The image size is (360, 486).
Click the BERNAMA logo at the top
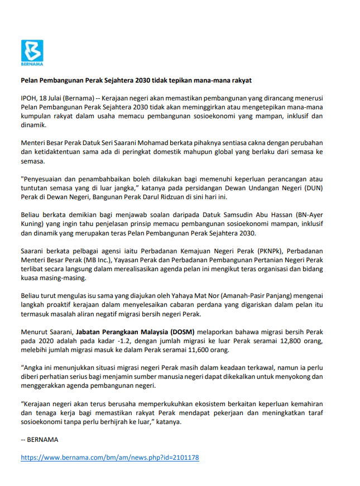click(x=32, y=51)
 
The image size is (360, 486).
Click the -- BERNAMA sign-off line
click(x=40, y=439)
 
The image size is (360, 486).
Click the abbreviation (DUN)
click(x=313, y=189)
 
